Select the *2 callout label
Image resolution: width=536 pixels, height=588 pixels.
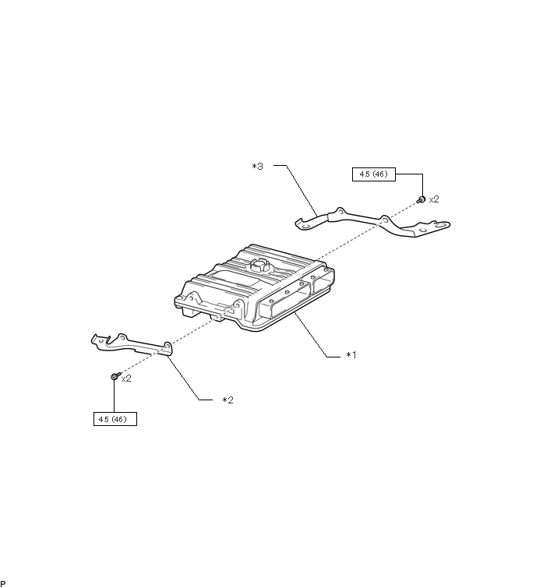(x=227, y=400)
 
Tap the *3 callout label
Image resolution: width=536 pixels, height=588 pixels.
(x=257, y=167)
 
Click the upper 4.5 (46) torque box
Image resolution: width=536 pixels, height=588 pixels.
(x=374, y=175)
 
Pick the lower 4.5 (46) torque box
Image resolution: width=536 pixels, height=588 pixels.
(x=114, y=420)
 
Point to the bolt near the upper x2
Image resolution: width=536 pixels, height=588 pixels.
(x=421, y=200)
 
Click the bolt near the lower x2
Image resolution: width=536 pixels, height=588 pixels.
(x=115, y=377)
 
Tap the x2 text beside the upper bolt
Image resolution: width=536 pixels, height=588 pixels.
(x=434, y=199)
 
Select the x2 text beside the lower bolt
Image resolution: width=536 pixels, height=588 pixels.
(x=126, y=379)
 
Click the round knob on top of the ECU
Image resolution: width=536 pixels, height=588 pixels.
(x=259, y=266)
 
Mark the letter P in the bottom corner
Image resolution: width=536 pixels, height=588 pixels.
(x=3, y=583)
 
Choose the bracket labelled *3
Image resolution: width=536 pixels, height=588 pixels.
(x=374, y=222)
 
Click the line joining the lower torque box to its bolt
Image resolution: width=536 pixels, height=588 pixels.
(x=115, y=397)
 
